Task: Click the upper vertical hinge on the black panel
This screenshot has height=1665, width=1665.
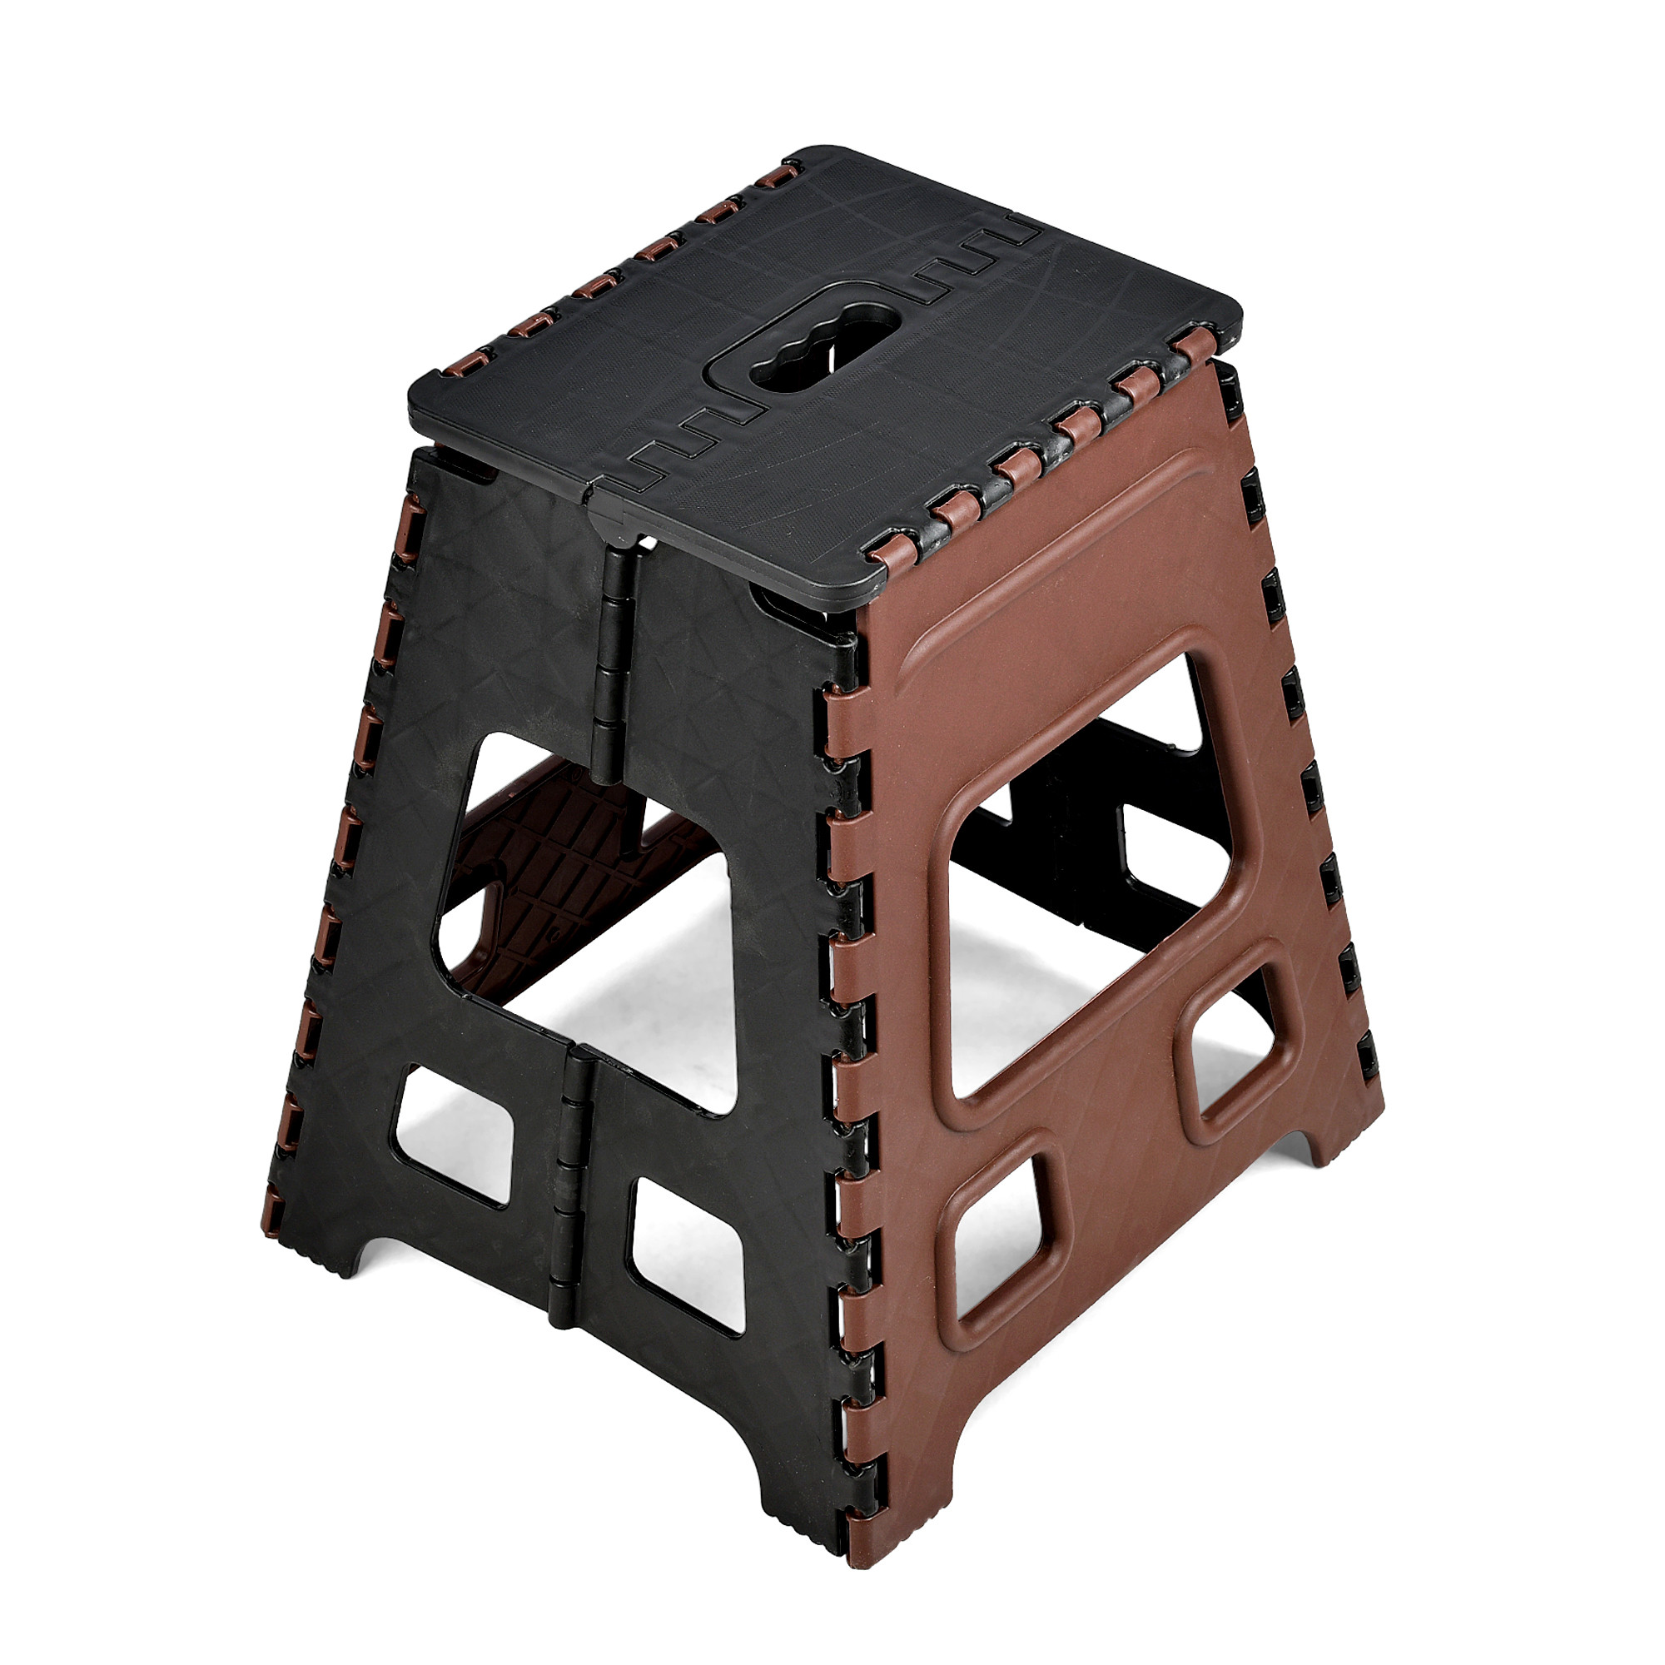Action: [x=613, y=664]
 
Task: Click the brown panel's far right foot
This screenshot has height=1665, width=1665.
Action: [x=1344, y=1121]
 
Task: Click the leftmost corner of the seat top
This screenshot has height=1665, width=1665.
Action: [x=418, y=396]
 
